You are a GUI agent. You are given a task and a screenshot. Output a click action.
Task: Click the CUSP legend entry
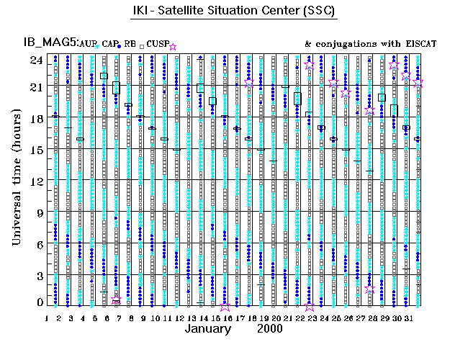157,45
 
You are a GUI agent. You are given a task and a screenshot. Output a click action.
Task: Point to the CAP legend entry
109,45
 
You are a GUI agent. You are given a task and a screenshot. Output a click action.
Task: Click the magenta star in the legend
172,46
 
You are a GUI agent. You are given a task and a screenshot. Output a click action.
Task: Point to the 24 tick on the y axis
35,60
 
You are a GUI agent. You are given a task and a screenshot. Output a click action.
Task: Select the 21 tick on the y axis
35,87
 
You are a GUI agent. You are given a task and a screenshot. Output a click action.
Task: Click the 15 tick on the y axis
35,150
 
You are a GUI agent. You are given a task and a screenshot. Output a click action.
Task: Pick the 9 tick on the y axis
38,212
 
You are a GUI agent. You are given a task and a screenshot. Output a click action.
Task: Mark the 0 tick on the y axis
38,303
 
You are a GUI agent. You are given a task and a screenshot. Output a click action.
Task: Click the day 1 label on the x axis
47,318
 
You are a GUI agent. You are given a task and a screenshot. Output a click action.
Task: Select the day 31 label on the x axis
408,318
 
